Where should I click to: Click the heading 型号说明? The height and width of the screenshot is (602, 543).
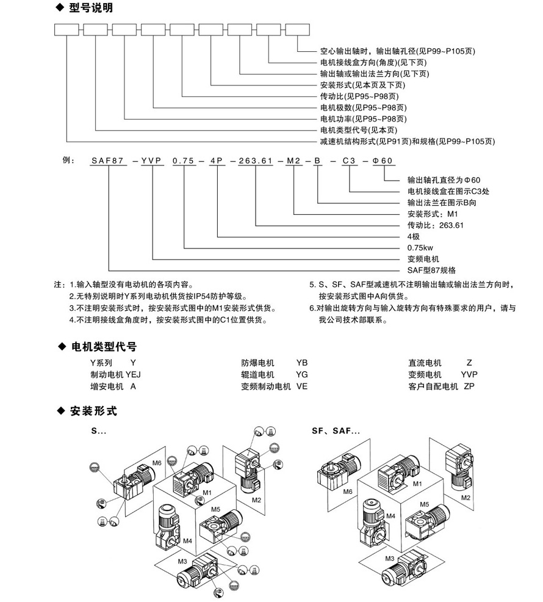pos(91,9)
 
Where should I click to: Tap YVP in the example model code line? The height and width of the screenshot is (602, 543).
pos(151,162)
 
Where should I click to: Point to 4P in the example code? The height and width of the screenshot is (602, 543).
pos(217,162)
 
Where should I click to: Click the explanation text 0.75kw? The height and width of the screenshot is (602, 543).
pos(420,247)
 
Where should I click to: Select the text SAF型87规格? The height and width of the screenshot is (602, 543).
pos(431,269)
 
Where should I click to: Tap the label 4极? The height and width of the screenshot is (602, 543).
pos(414,236)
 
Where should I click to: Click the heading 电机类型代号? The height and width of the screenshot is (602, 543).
pos(98,347)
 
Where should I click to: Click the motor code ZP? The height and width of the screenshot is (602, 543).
pos(469,386)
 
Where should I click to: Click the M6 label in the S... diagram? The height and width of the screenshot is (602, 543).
pos(157,463)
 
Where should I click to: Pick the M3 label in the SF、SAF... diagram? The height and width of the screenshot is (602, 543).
pos(389,558)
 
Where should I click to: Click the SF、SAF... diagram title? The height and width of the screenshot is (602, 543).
pos(336,430)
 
